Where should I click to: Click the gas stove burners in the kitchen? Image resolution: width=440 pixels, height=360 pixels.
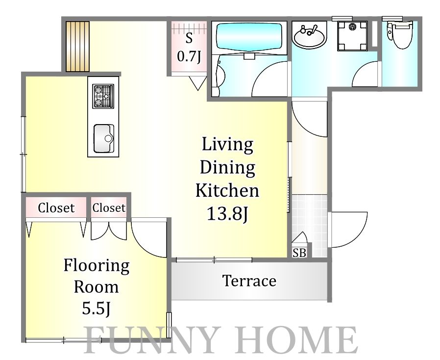(x=103, y=96)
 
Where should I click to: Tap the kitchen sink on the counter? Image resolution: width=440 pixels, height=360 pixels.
(x=103, y=138)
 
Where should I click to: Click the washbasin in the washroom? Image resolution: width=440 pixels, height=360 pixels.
(x=310, y=36)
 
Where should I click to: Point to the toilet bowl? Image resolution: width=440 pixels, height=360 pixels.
(x=401, y=34)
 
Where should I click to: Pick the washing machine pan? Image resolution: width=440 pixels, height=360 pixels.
(x=352, y=36)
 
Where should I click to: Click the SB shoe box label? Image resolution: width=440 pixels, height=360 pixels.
(x=299, y=253)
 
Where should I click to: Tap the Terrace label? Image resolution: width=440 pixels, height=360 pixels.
(x=249, y=281)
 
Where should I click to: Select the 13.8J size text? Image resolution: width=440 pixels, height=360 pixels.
(x=227, y=214)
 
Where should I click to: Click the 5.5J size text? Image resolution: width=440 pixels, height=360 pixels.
(x=96, y=309)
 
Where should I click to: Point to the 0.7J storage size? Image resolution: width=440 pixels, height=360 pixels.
(x=189, y=56)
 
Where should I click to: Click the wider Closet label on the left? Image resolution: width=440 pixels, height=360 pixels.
(x=56, y=208)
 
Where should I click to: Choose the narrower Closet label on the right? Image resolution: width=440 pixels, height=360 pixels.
(x=109, y=208)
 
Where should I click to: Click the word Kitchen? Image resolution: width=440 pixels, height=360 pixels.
(x=227, y=190)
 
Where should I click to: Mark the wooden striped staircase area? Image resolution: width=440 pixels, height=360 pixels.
(x=78, y=46)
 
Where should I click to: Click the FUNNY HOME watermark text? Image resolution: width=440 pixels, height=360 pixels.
(x=220, y=339)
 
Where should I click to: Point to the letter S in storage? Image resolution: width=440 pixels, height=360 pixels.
(x=189, y=38)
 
